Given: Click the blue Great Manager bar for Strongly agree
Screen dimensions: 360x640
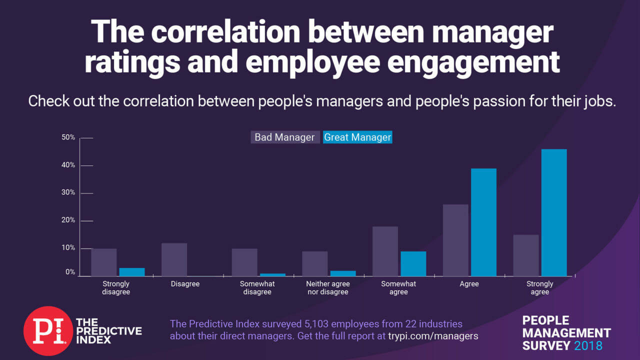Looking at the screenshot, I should (x=553, y=212).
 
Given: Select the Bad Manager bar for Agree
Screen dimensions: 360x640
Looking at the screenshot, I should (x=455, y=240).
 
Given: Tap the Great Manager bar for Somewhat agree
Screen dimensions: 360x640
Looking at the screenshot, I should (x=413, y=263).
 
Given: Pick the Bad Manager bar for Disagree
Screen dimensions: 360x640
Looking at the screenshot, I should (x=174, y=259).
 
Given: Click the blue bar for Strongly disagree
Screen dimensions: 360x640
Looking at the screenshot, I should (x=131, y=272).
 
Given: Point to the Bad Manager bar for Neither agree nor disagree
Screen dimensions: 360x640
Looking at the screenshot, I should (x=314, y=263).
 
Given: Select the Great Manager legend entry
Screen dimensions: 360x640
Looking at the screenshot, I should (x=357, y=137).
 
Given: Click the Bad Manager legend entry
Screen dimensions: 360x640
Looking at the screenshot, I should (x=284, y=137).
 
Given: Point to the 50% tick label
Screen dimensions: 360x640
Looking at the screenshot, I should (x=68, y=137).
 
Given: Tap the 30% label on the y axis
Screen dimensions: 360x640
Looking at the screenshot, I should (x=68, y=193).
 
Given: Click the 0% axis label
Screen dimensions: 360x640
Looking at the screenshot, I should (x=70, y=272).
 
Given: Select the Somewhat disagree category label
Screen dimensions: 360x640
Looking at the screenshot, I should (x=257, y=287).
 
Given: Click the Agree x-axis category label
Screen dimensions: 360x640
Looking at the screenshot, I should (x=469, y=284).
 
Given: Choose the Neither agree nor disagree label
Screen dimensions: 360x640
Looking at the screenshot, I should (x=327, y=287).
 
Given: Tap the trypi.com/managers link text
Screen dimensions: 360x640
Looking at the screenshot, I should (x=433, y=336).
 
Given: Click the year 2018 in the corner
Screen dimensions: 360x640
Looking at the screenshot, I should (x=588, y=345).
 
